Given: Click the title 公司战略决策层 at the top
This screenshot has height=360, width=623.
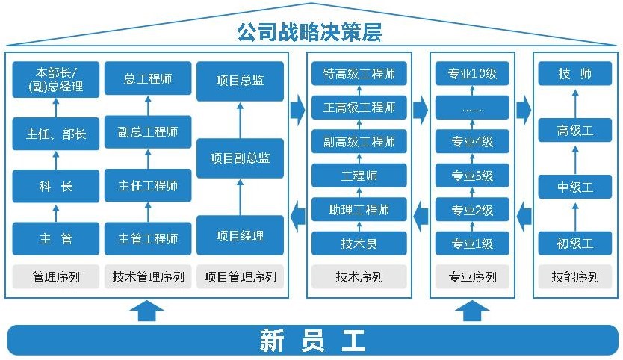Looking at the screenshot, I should tap(309, 32).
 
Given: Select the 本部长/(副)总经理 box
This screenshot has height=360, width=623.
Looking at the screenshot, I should tap(56, 80).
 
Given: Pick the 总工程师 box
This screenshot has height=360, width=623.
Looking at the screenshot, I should tap(148, 78).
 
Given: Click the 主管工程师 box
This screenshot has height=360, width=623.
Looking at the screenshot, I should tap(148, 239).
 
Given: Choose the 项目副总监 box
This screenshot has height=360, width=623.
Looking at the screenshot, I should tap(240, 158).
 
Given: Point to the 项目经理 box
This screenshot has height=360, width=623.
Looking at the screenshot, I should tap(240, 236).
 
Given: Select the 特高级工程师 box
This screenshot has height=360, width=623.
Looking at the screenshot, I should tap(359, 74).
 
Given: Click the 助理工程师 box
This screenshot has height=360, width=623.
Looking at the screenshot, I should tap(359, 209).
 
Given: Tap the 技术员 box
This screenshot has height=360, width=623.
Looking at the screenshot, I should tap(359, 243).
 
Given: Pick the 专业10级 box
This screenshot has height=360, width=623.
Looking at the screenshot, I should tap(472, 74).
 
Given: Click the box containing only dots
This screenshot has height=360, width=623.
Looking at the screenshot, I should tap(472, 108).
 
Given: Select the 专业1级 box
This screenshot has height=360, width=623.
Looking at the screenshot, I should tap(472, 243).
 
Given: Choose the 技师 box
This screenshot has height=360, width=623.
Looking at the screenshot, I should tap(574, 74).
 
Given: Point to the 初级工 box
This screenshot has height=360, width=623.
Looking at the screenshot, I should tap(574, 243).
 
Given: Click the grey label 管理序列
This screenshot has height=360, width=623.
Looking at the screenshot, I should tap(56, 277).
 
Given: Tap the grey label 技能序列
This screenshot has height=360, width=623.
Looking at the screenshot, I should tap(575, 277).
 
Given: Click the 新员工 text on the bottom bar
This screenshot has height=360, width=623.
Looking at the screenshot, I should tap(312, 341).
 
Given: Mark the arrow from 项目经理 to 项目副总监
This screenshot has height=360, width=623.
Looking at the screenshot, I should tap(240, 196).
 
